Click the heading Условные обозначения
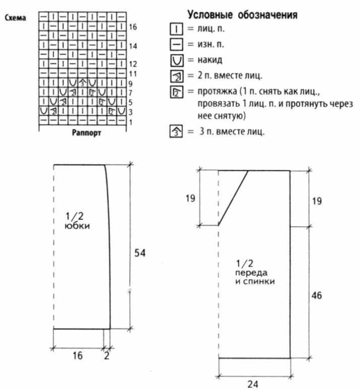point(242,15)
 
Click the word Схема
point(15,17)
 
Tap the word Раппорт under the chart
point(86,133)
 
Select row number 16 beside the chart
point(132,27)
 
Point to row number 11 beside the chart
point(132,74)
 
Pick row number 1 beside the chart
point(130,122)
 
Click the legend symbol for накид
point(177,60)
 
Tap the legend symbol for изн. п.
point(176,45)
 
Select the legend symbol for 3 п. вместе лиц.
point(176,131)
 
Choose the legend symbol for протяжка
point(176,92)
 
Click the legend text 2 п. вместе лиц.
point(230,75)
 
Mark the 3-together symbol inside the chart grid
point(82,83)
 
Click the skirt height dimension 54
point(139,253)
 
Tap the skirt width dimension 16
point(77,356)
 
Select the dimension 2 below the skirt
point(106,356)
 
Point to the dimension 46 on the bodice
point(316,296)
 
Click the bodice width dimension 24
point(252,384)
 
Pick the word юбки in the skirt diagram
point(77,226)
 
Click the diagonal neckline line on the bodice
point(233,198)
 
